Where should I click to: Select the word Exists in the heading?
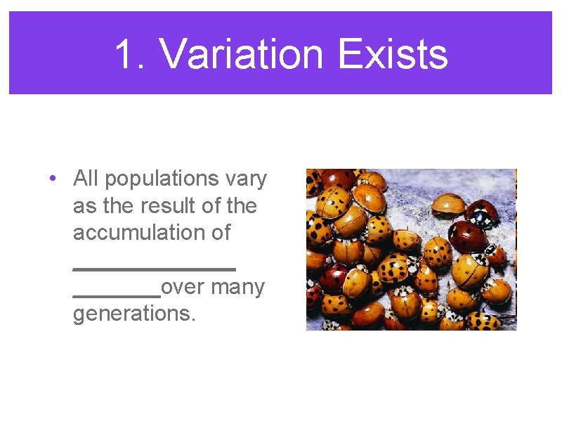392,55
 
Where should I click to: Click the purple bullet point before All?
53,179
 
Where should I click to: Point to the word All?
86,179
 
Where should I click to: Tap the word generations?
133,314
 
